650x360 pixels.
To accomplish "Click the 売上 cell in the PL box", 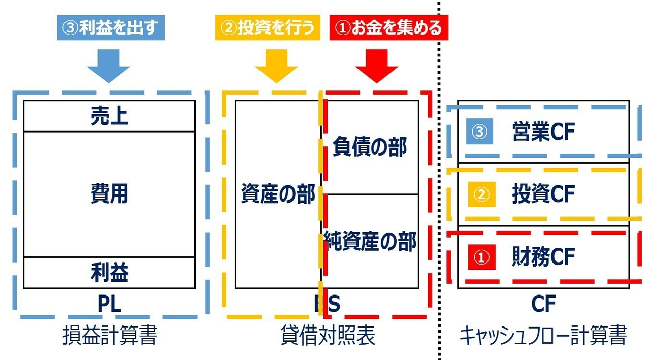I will pyautogui.click(x=109, y=116).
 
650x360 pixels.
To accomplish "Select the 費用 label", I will pyautogui.click(x=109, y=194).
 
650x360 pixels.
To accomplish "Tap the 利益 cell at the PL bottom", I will pyautogui.click(x=109, y=273).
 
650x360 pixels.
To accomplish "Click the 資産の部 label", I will pyautogui.click(x=278, y=194).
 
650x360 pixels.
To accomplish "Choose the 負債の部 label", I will pyautogui.click(x=370, y=147).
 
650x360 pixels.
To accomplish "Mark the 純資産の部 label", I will pyautogui.click(x=370, y=241).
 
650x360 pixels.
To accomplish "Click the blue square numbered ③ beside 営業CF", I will pyautogui.click(x=480, y=133).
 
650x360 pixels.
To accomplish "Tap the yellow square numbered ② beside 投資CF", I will pyautogui.click(x=480, y=194).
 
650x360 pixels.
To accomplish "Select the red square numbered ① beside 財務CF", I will pyautogui.click(x=480, y=257).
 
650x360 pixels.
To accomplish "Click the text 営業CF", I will pyautogui.click(x=543, y=133).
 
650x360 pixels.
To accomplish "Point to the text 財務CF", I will pyautogui.click(x=543, y=257).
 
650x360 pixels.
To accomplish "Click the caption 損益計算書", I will pyautogui.click(x=109, y=336).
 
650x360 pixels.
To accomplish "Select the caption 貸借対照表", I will pyautogui.click(x=328, y=336).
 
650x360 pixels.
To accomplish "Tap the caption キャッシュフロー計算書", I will pyautogui.click(x=543, y=336).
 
